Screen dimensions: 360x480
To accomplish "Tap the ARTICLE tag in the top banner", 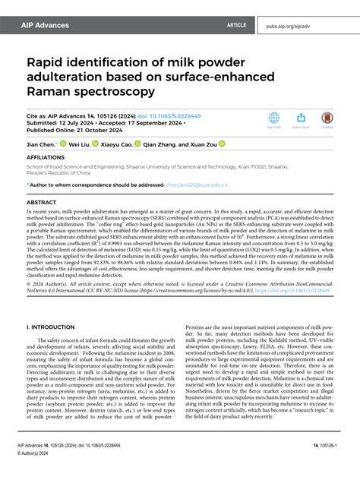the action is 237,25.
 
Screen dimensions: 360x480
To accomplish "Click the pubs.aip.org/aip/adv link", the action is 309,25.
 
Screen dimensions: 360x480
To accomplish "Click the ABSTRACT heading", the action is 42,203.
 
